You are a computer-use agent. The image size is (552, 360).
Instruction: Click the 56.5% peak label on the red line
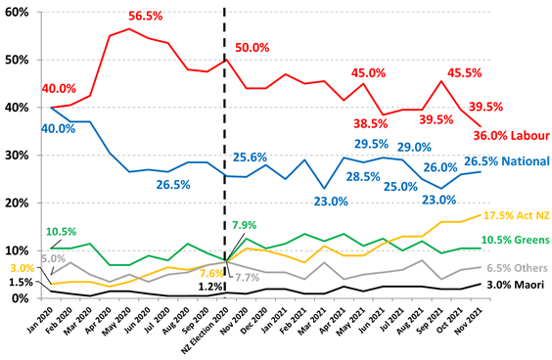pos(145,17)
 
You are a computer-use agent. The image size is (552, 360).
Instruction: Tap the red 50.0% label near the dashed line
pos(253,47)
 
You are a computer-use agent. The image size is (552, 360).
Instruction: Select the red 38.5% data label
pos(370,124)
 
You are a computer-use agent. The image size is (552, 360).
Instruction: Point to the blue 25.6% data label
pos(252,157)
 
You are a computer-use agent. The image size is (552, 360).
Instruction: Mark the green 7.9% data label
pos(244,226)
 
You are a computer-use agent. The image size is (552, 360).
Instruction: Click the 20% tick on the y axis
pos(19,202)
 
